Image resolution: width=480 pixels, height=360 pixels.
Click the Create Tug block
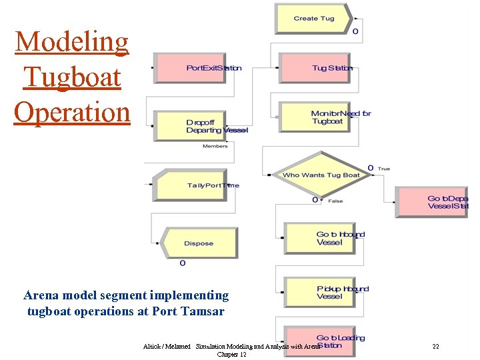click(313, 19)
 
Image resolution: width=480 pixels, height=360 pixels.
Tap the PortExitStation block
click(197, 69)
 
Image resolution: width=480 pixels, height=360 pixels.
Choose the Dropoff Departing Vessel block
click(197, 126)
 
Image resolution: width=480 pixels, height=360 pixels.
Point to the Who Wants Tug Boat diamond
click(321, 175)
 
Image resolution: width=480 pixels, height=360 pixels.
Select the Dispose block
click(199, 243)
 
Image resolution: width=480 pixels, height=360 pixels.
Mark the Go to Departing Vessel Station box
click(433, 202)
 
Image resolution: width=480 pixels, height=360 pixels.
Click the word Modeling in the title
click(72, 42)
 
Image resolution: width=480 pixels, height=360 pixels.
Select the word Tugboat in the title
click(72, 77)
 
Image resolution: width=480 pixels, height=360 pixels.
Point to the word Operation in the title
click(72, 111)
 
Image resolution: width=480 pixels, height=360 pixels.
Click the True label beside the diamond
click(384, 169)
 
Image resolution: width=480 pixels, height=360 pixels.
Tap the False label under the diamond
click(335, 201)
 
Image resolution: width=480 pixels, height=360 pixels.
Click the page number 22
click(435, 347)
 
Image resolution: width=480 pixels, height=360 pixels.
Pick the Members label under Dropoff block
click(215, 146)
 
